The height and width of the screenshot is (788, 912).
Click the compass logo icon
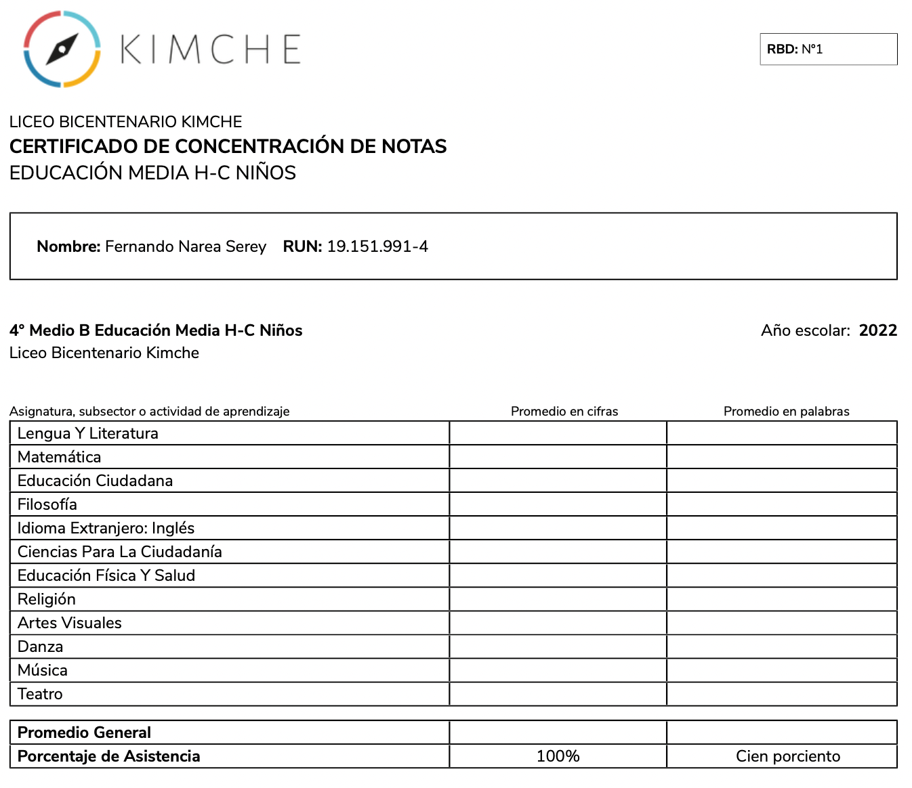[62, 49]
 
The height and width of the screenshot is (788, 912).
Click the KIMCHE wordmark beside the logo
[211, 49]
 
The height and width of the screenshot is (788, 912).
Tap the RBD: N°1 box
[828, 49]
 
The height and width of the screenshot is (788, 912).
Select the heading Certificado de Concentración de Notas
[228, 146]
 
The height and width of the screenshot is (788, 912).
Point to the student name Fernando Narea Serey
[185, 246]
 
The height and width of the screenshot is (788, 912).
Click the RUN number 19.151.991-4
[377, 246]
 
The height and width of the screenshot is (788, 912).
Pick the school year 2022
[877, 330]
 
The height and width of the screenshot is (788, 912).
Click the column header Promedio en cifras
[564, 411]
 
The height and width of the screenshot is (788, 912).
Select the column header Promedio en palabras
[786, 411]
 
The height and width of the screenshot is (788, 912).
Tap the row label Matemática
[60, 457]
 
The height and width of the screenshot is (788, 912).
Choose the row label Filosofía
[47, 504]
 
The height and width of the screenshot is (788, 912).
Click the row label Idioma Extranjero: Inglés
[106, 528]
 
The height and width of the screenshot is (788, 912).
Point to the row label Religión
[47, 599]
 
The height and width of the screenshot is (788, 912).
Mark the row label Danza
[41, 647]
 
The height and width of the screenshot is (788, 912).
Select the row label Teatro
[40, 694]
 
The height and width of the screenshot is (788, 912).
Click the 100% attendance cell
[558, 756]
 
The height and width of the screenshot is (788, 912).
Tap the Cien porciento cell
[788, 756]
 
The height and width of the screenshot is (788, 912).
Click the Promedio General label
[84, 732]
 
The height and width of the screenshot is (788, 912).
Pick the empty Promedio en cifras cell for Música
[558, 670]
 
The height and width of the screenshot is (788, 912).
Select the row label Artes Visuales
[70, 623]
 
